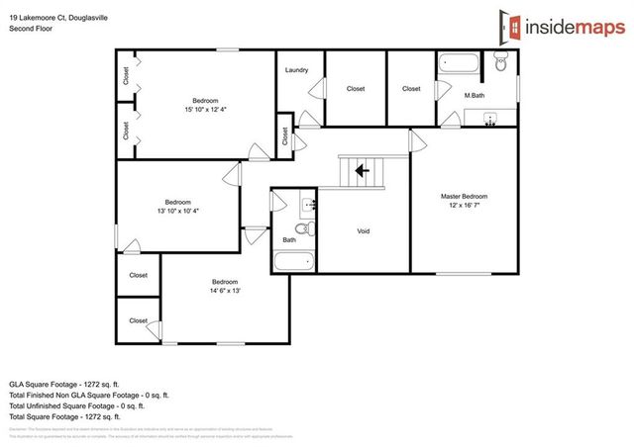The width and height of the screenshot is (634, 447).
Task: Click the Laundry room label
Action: [296, 70]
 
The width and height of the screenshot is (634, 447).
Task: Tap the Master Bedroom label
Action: [464, 197]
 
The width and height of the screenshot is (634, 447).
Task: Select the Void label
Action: [364, 231]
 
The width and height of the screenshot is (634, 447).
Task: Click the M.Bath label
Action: [474, 95]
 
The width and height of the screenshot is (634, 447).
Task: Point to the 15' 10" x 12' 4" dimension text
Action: [206, 110]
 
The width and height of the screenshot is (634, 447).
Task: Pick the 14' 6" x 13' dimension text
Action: [225, 291]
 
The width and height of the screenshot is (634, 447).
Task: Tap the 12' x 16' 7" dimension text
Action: [464, 206]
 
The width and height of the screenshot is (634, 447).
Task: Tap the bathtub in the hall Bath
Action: [292, 263]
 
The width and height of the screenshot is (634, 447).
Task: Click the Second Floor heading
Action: [31, 29]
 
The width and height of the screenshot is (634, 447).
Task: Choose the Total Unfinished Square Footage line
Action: [77, 405]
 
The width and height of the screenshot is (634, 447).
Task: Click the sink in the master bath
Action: [489, 121]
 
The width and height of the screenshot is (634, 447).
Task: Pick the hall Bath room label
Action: [289, 239]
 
